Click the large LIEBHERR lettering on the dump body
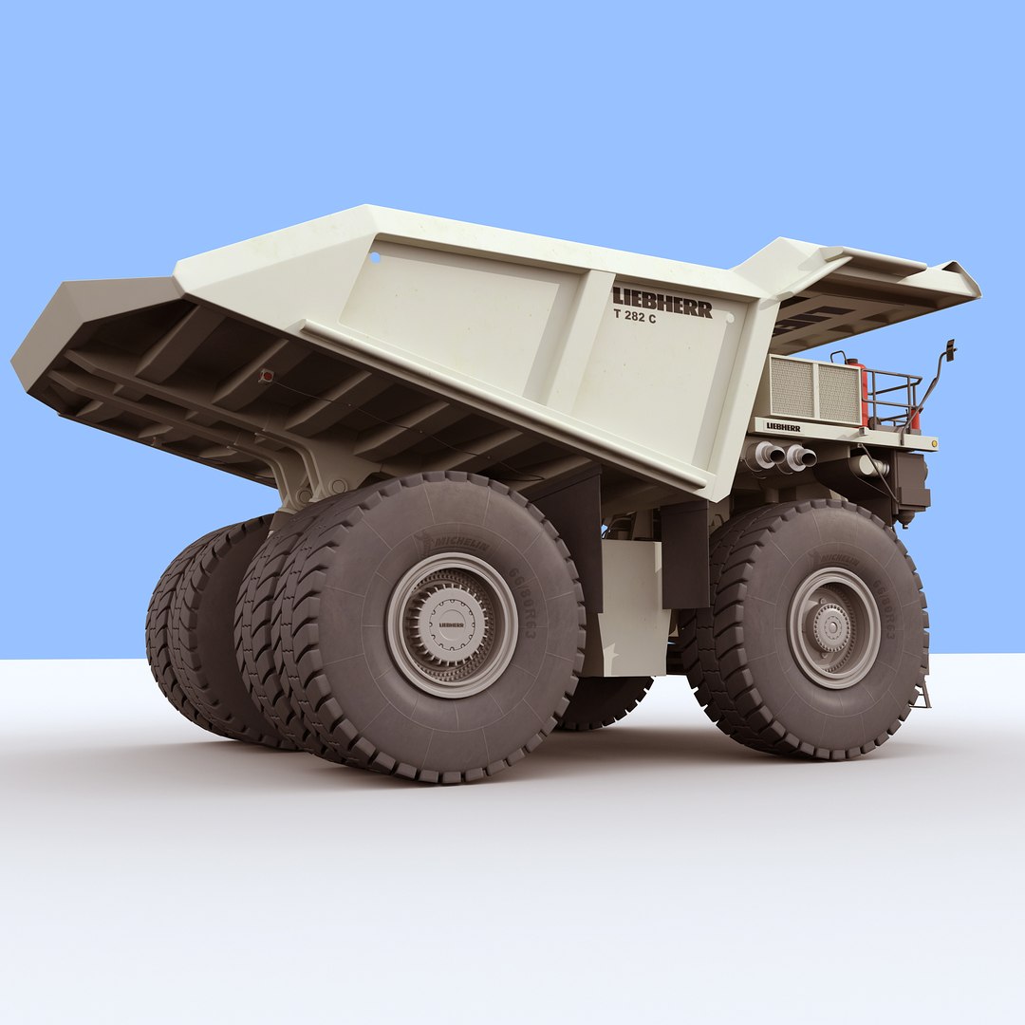[x=662, y=301]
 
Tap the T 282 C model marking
[x=634, y=317]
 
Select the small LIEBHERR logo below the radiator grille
[x=783, y=427]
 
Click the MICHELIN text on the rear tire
[x=462, y=544]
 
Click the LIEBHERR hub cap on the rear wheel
[x=451, y=624]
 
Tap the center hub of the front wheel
[x=833, y=627]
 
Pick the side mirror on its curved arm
[x=950, y=350]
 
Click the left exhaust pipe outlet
[x=767, y=455]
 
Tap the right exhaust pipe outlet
[x=800, y=458]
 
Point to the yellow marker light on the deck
[x=934, y=443]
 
